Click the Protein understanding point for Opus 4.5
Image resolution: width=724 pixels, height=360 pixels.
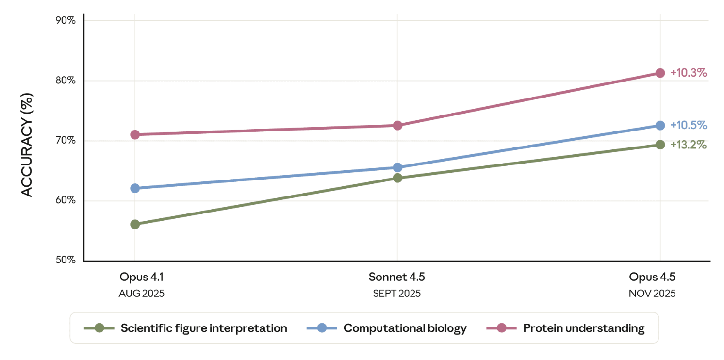click(x=660, y=73)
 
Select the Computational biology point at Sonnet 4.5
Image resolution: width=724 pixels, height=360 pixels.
click(x=397, y=167)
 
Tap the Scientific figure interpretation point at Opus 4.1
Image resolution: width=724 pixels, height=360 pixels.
click(x=135, y=224)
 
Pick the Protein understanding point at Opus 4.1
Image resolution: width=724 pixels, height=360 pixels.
click(x=135, y=134)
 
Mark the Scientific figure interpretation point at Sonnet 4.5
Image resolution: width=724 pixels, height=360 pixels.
click(x=397, y=178)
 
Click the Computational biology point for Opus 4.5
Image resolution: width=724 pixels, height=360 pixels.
click(x=660, y=125)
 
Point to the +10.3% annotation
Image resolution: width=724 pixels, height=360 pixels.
click(x=688, y=73)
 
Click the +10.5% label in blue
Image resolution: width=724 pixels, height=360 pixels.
click(x=688, y=125)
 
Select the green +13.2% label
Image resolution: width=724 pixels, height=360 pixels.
click(x=688, y=145)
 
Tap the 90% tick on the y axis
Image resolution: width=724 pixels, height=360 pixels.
click(x=65, y=20)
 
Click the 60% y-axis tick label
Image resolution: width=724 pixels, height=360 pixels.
click(x=65, y=200)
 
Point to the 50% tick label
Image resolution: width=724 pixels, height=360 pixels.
click(x=65, y=260)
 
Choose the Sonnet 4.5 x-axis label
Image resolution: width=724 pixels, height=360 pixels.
click(x=397, y=277)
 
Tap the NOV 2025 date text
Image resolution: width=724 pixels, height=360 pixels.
click(x=652, y=294)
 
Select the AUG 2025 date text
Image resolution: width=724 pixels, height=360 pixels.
click(x=141, y=294)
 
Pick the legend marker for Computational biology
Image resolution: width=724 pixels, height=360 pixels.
click(x=322, y=328)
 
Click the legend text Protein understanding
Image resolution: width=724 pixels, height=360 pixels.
click(x=584, y=328)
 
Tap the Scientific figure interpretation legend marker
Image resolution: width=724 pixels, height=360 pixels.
click(x=99, y=328)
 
